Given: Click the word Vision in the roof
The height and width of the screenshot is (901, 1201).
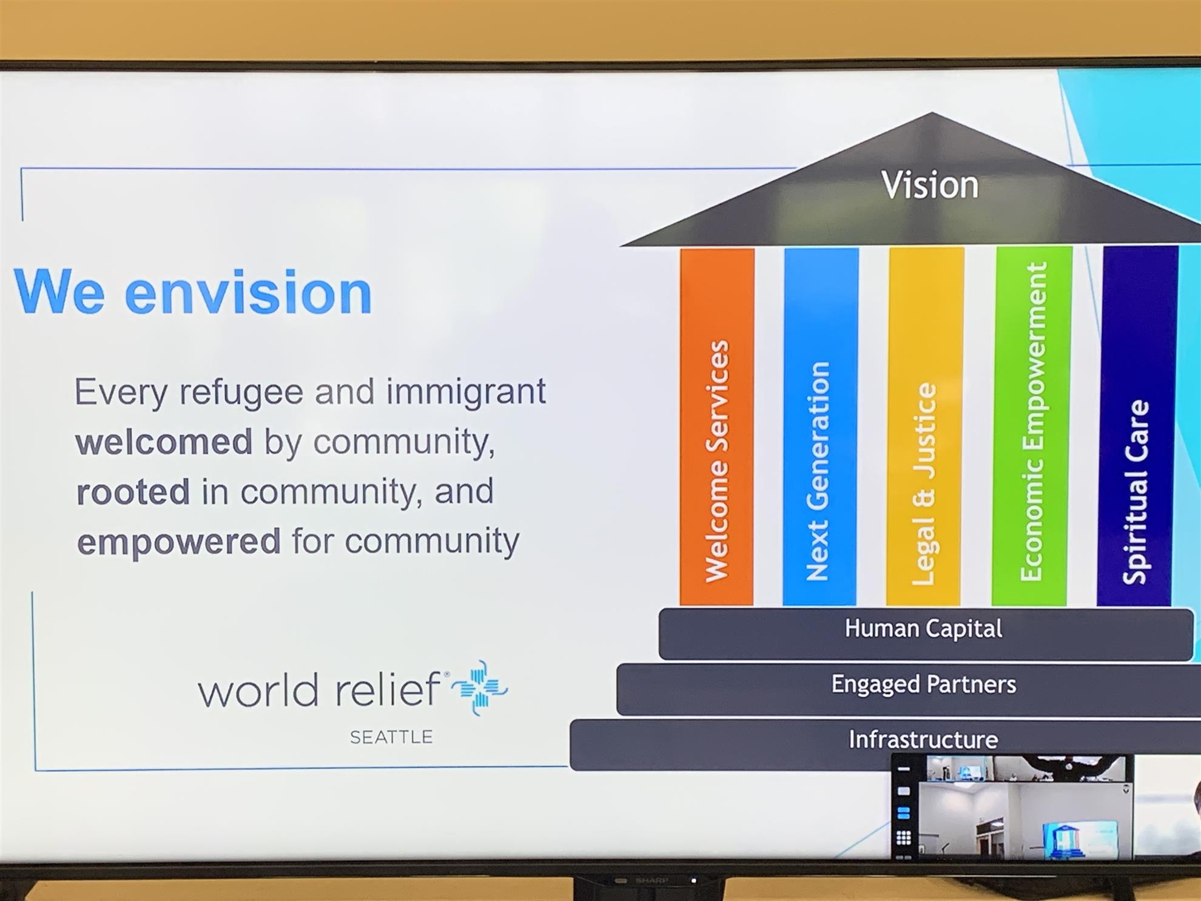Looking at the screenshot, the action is point(929,184).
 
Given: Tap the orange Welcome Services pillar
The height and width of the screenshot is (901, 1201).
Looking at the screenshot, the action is point(717,427).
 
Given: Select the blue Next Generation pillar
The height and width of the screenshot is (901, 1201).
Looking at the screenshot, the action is point(820,427).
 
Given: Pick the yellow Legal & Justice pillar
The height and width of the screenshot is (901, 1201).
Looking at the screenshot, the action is point(925,427).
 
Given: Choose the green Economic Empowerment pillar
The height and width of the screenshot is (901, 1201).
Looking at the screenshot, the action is point(1031,426).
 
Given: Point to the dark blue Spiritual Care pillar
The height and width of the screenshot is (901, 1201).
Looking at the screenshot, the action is point(1137,426).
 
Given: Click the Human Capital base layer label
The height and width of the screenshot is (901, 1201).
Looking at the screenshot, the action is point(923,629).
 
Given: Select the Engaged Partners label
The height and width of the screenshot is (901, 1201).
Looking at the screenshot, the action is point(923,684).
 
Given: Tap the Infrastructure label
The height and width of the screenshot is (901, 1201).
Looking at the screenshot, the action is point(923,740).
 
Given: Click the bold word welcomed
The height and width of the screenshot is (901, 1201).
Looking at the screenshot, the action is point(164,441).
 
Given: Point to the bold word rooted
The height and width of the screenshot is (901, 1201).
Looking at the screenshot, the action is point(133,491).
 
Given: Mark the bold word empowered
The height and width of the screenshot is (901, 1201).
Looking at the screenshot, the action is point(179,542).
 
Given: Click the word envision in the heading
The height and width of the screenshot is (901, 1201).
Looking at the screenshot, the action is point(248,292).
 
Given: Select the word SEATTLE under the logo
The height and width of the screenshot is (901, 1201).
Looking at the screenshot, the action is point(391,737).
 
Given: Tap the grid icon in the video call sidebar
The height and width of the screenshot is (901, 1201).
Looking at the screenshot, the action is point(904,838).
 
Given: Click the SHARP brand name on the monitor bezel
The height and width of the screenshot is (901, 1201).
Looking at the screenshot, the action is point(651,880).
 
